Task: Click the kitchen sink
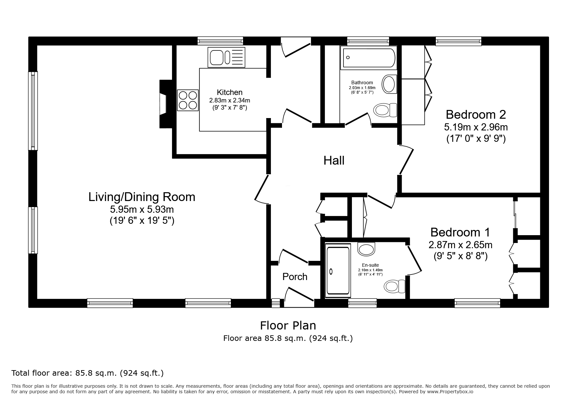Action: pyautogui.click(x=227, y=57)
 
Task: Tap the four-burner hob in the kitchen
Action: pyautogui.click(x=188, y=100)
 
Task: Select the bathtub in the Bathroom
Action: pyautogui.click(x=368, y=58)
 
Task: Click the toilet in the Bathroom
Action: pyautogui.click(x=385, y=110)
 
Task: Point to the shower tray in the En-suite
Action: pyautogui.click(x=338, y=271)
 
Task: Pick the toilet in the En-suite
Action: pyautogui.click(x=395, y=286)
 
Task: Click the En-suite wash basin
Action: pyautogui.click(x=366, y=249)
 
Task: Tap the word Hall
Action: pyautogui.click(x=334, y=161)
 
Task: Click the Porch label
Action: pyautogui.click(x=295, y=277)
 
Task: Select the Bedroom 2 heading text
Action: pyautogui.click(x=476, y=114)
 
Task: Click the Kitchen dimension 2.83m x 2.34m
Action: pyautogui.click(x=230, y=100)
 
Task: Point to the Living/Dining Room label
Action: pyautogui.click(x=142, y=197)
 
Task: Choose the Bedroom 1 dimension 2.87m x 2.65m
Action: pyautogui.click(x=461, y=245)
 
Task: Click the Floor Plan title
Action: pyautogui.click(x=288, y=325)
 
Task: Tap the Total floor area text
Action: pyautogui.click(x=87, y=373)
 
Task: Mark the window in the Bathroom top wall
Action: pyautogui.click(x=368, y=41)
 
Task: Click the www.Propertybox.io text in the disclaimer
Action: pyautogui.click(x=450, y=392)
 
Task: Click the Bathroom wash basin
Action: pyautogui.click(x=389, y=84)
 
